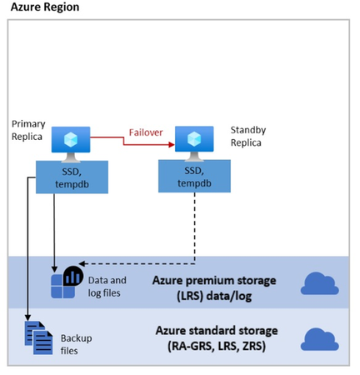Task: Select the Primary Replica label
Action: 28,130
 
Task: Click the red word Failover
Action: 145,132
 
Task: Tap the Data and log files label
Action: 107,287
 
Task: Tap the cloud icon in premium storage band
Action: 317,284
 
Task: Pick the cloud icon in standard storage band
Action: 317,339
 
